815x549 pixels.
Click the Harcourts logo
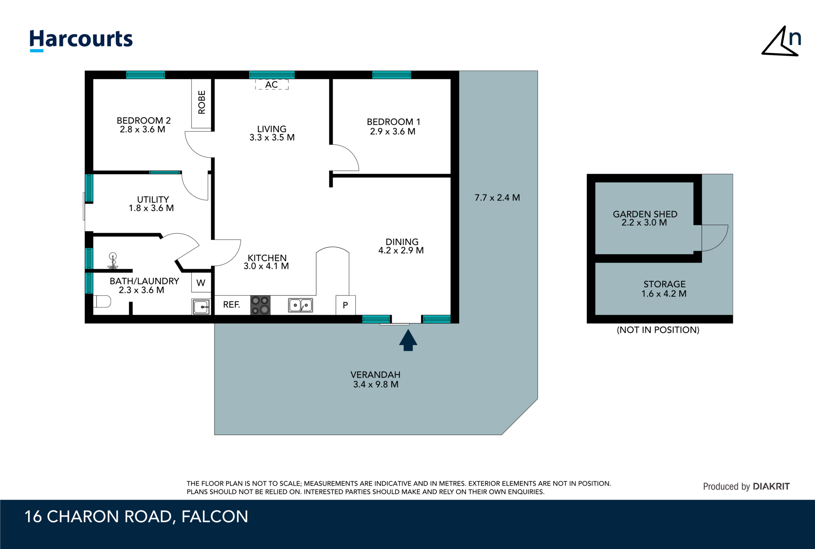81,40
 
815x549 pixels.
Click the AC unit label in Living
272,84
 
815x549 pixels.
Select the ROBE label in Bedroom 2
202,102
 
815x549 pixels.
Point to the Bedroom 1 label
393,127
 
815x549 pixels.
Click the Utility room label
152,204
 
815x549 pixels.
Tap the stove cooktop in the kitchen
260,305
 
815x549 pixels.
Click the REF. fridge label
232,305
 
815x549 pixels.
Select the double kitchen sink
300,305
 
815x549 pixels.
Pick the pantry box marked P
345,305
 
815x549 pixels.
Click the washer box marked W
201,282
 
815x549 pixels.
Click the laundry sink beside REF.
201,307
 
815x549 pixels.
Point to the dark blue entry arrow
408,340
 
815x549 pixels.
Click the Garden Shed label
645,218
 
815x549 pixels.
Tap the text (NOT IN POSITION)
658,330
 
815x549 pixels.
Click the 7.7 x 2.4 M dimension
497,198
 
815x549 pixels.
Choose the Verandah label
376,380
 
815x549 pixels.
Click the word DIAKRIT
771,486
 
